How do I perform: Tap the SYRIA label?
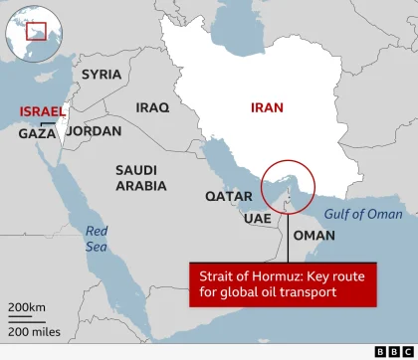[x=102, y=75]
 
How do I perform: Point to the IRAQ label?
[x=153, y=107]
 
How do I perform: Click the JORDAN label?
[x=94, y=131]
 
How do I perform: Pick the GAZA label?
[x=38, y=133]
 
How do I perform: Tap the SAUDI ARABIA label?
[x=141, y=178]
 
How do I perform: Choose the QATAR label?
[x=229, y=197]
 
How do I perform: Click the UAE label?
[x=257, y=218]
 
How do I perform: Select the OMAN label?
[x=315, y=236]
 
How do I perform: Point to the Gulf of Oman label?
[x=367, y=214]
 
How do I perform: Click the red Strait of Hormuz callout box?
[x=289, y=284]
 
